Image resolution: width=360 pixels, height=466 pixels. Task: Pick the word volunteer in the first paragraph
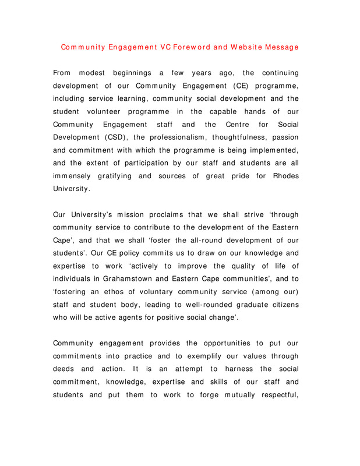click(x=114, y=111)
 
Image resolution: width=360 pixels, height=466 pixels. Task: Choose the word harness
click(x=235, y=369)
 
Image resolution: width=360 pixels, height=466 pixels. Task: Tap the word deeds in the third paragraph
click(x=63, y=369)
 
